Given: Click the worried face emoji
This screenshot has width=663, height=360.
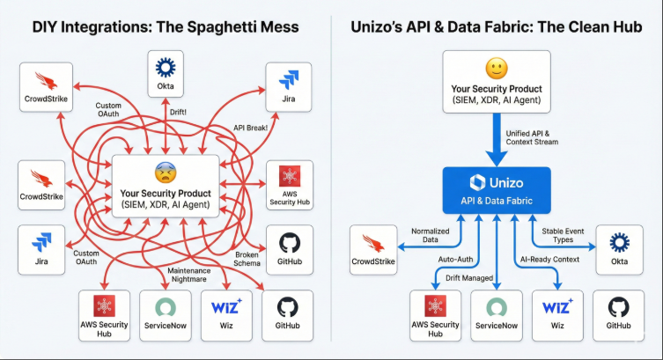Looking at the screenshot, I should point(165,173).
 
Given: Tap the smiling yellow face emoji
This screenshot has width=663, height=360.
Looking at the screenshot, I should point(497,68).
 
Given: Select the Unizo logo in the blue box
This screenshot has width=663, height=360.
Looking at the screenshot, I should point(479,181).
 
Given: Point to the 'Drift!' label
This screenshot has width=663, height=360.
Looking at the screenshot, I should point(179,112).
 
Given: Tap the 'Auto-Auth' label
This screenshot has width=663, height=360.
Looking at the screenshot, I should point(456,260).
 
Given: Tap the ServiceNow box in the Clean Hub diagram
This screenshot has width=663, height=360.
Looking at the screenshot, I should point(497,315).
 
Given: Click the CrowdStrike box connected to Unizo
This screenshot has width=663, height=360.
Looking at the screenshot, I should point(374,248).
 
